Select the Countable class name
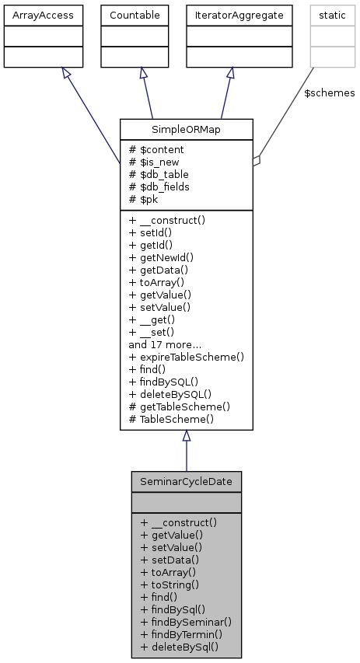point(135,14)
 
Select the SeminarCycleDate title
point(186,481)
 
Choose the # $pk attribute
point(145,199)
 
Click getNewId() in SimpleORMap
point(161,257)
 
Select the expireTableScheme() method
point(187,357)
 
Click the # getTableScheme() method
point(180,407)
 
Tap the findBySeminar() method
point(186,622)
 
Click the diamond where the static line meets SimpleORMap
point(257,161)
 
